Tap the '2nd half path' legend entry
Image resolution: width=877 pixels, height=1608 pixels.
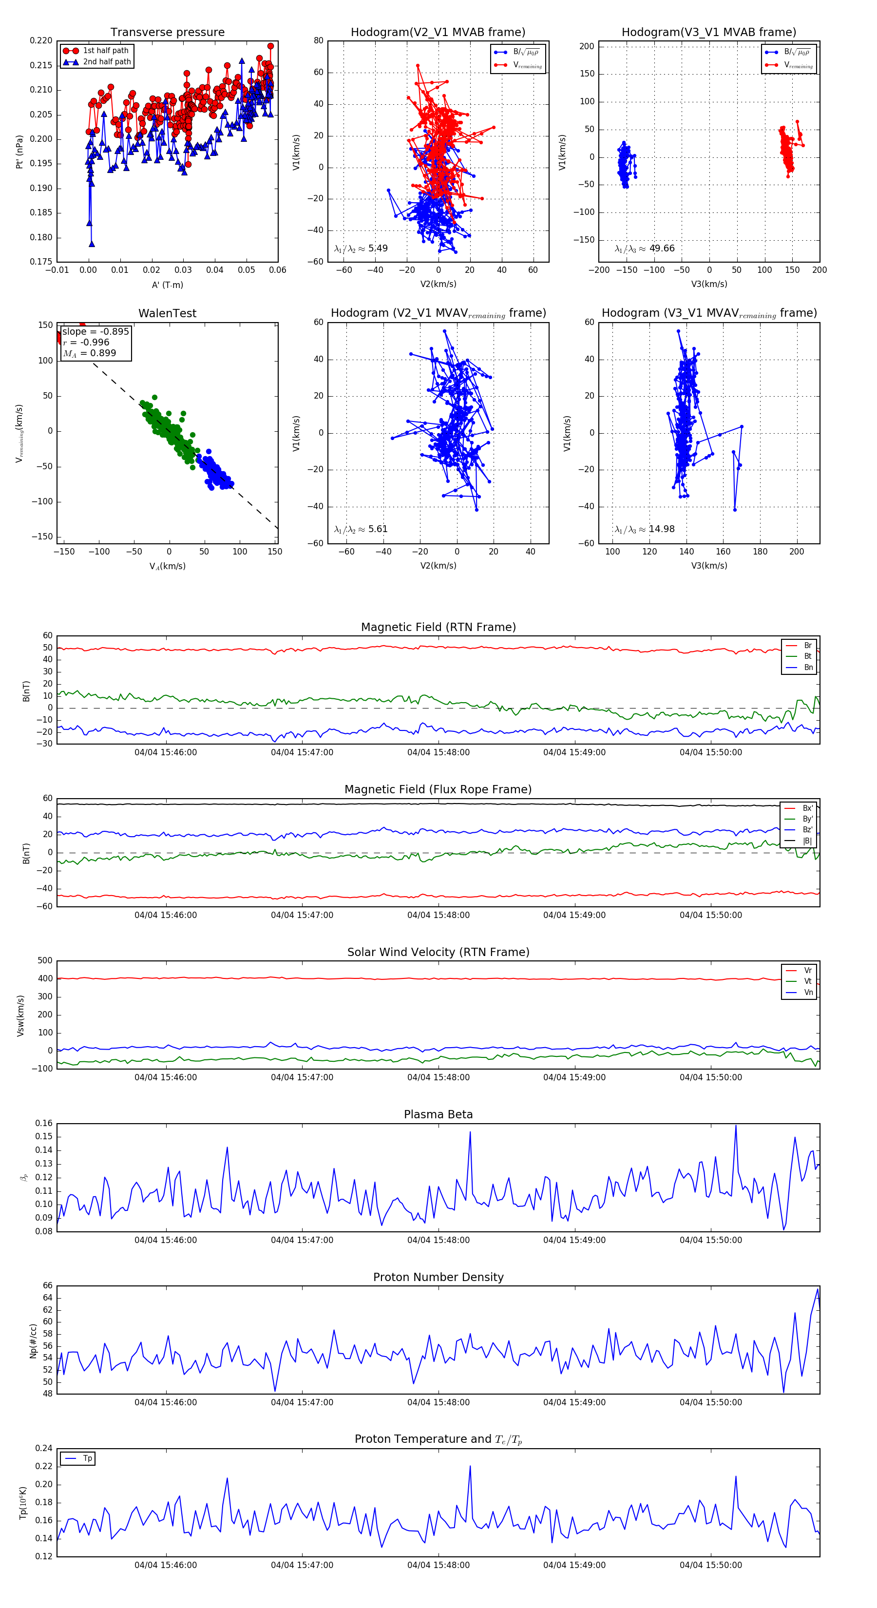[107, 62]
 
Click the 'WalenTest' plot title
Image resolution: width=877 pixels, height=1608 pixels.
[167, 313]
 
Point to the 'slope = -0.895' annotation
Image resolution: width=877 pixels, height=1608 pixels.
[95, 331]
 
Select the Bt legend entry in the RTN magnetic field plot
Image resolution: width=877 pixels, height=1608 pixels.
[807, 656]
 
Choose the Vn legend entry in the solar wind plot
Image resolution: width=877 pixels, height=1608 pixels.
[808, 993]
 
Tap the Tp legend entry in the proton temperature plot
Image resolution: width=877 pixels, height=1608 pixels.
[87, 1459]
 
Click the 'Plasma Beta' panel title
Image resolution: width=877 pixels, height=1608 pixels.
[438, 1115]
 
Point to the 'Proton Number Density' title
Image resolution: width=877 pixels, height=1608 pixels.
[438, 1277]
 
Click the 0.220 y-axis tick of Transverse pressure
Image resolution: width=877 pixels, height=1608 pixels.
[41, 40]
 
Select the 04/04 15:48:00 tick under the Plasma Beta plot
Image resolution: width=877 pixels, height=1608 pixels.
[438, 1240]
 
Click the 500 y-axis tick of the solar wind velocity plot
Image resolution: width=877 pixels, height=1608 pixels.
[45, 961]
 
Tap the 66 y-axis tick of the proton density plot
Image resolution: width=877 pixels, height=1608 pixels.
[47, 1286]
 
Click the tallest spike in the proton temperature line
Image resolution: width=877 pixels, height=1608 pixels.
[470, 1466]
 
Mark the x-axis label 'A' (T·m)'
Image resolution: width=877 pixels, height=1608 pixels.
[167, 285]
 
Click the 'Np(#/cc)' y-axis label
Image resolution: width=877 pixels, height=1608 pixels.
[33, 1341]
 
